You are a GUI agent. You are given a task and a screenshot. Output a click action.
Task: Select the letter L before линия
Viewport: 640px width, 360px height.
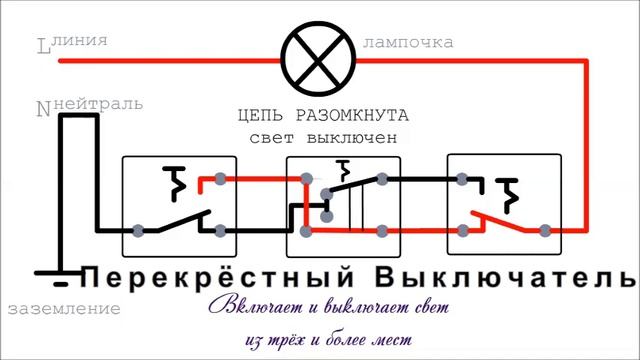(42, 47)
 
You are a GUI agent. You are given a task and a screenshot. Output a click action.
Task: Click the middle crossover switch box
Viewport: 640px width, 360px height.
(343, 205)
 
